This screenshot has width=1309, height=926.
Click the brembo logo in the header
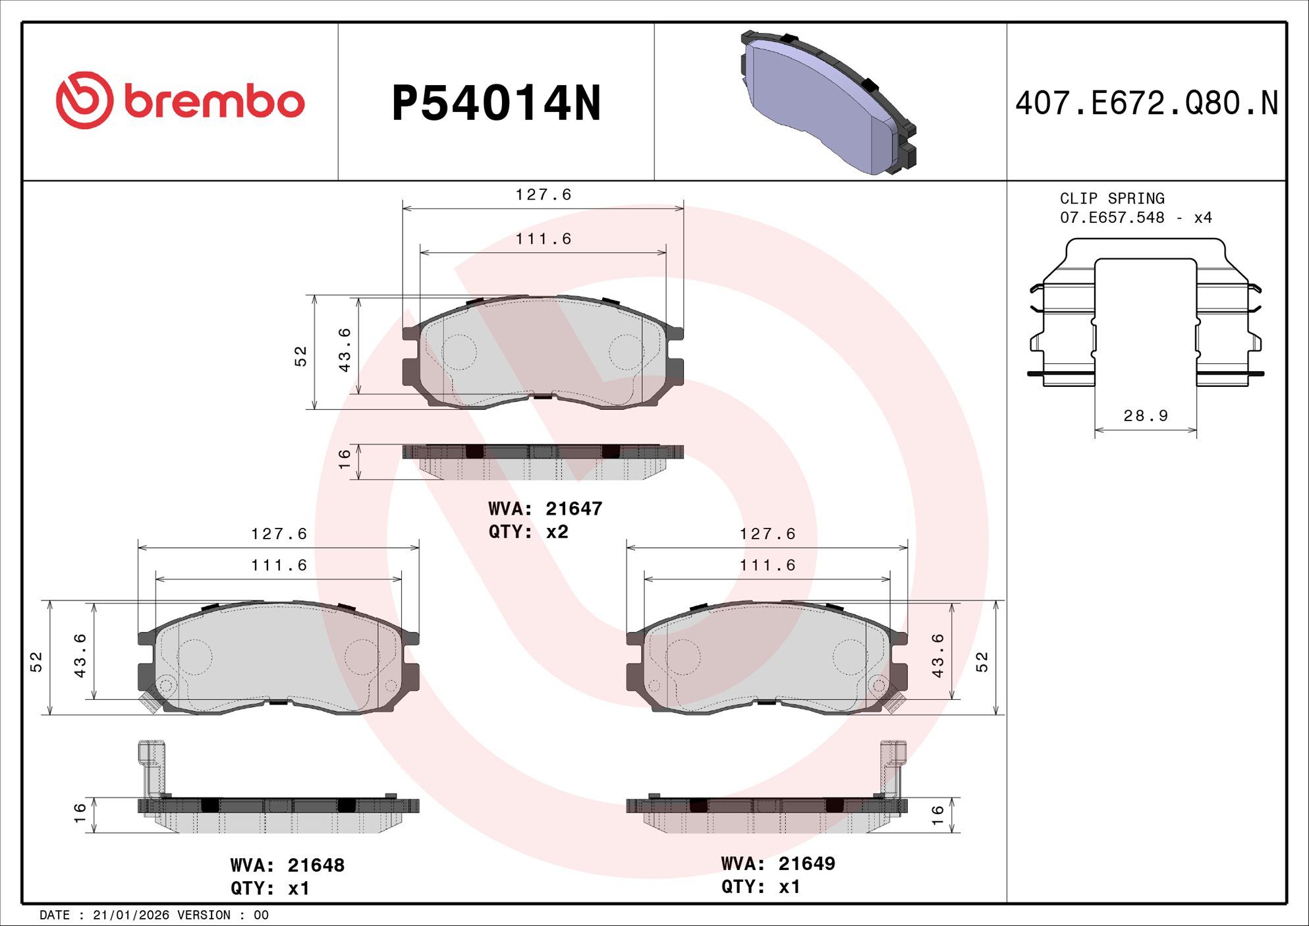180,100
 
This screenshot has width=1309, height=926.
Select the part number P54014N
496,103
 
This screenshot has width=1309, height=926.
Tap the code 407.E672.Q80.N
1146,103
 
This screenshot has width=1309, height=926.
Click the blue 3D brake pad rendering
828,102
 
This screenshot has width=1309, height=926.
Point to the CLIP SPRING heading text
1112,198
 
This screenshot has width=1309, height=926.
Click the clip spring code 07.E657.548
1112,217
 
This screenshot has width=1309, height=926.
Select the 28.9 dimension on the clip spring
1146,416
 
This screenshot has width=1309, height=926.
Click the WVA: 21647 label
545,509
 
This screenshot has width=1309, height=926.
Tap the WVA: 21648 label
287,865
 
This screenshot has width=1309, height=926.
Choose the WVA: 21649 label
778,863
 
